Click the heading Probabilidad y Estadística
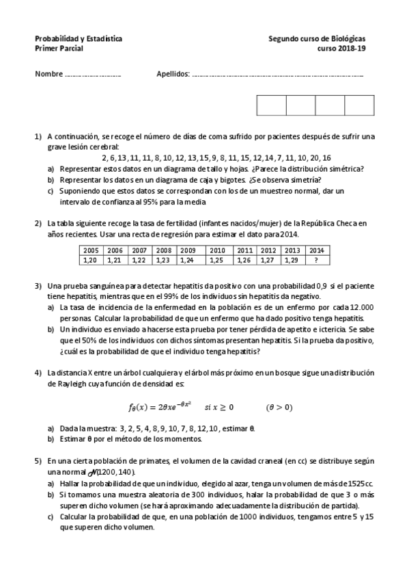pos(79,40)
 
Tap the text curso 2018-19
pos(346,50)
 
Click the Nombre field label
pos(48,74)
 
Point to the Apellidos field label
pos(173,74)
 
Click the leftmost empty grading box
pos(271,105)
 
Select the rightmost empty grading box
pos(359,105)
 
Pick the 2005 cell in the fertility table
pos(91,250)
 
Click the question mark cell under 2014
pos(315,260)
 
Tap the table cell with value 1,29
pos(292,260)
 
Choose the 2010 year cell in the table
pos(217,250)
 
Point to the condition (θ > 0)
pos(279,407)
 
